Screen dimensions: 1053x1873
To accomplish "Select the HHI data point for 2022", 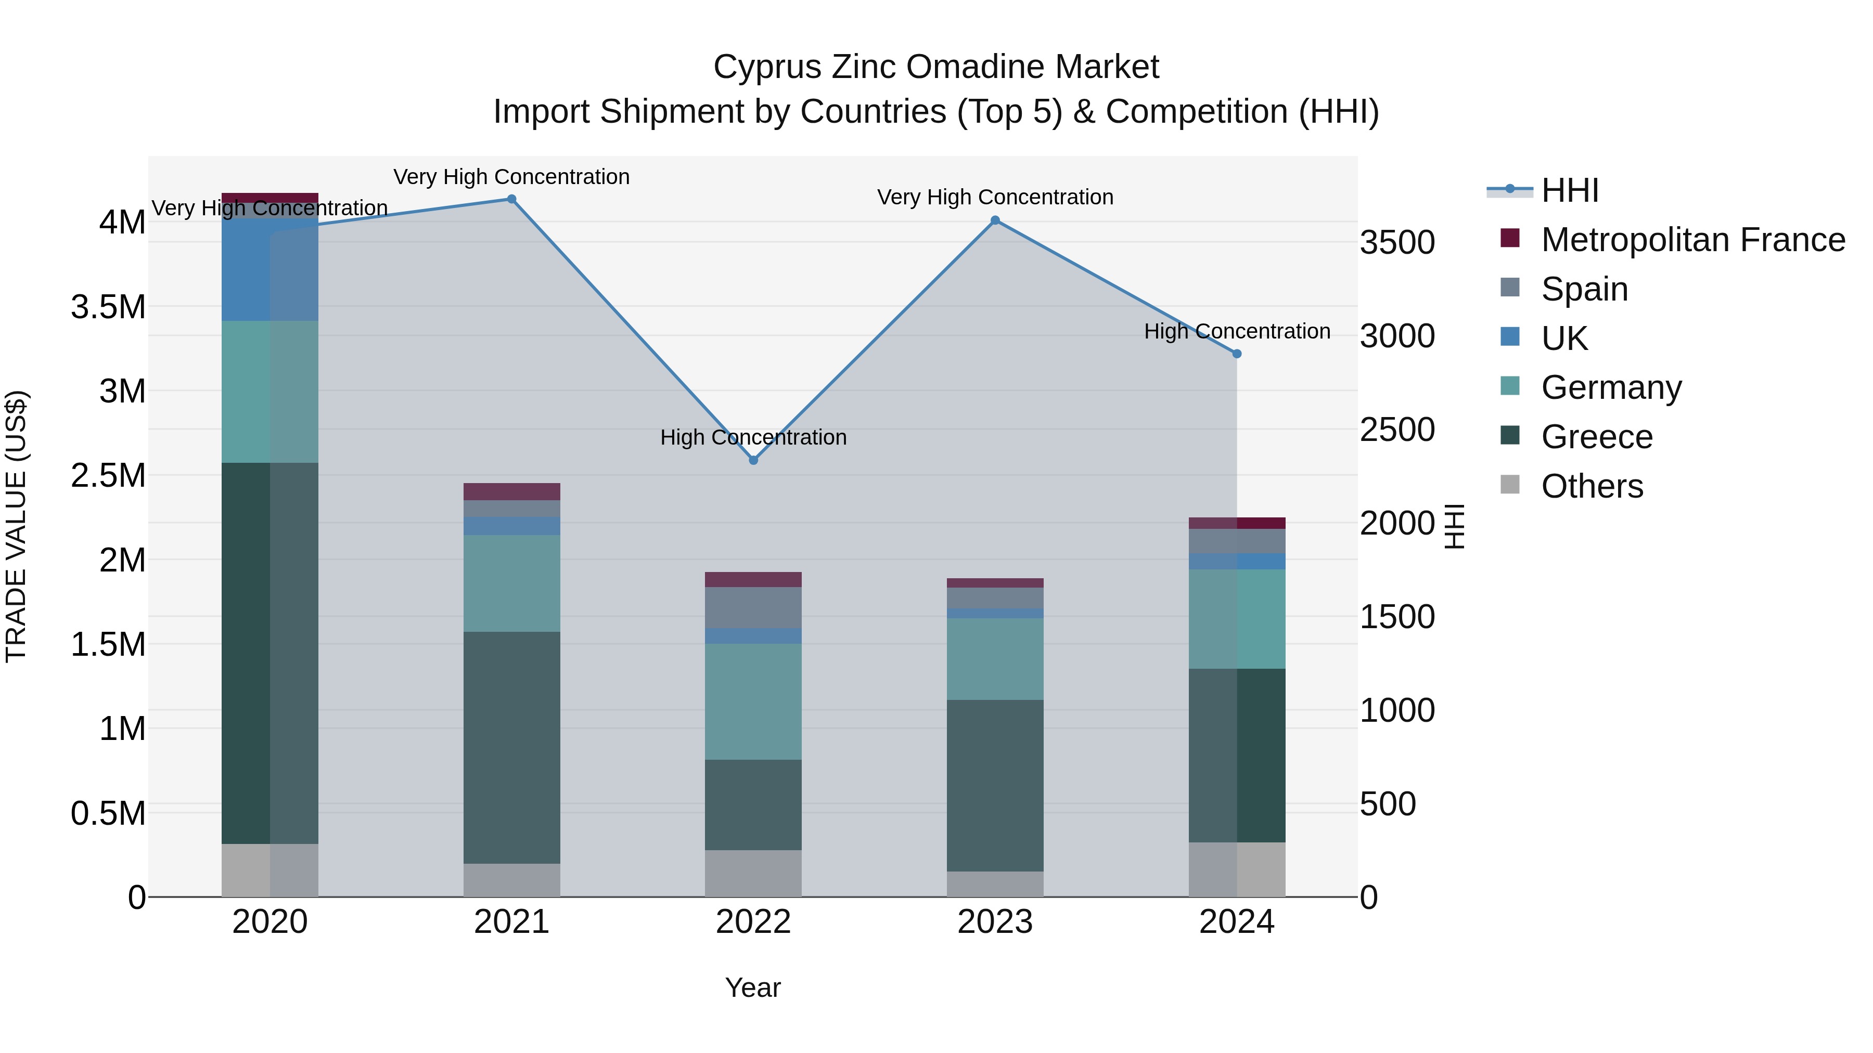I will [x=753, y=460].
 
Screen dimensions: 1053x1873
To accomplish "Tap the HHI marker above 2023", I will [x=995, y=220].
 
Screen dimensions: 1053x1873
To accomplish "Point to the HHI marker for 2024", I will [x=1237, y=354].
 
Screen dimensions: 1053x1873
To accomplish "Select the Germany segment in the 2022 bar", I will [x=753, y=701].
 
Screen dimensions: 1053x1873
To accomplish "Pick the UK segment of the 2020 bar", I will [x=270, y=269].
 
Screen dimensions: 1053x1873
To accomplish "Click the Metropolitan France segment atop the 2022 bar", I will [x=753, y=579].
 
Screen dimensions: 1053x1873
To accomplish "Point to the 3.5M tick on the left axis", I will [x=108, y=307].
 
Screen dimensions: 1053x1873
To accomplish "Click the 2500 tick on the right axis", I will [x=1397, y=430].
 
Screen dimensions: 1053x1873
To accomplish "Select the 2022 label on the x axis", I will [x=753, y=922].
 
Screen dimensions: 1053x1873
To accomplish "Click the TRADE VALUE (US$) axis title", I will [x=16, y=526].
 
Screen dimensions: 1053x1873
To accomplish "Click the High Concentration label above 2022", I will [x=753, y=437].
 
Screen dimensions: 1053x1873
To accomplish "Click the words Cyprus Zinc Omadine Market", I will [x=936, y=67].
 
